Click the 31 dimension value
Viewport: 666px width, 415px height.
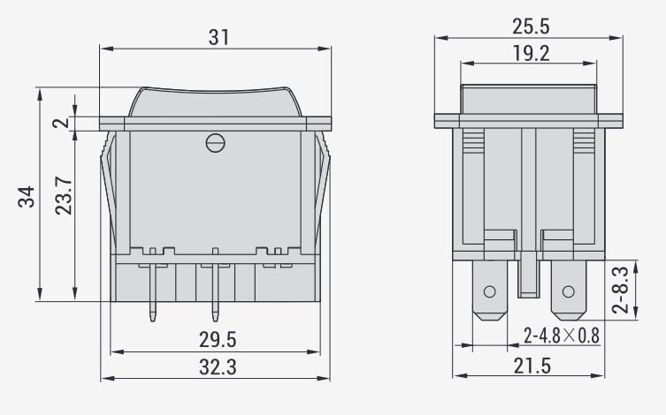click(x=218, y=37)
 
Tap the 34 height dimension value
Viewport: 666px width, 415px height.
click(x=27, y=196)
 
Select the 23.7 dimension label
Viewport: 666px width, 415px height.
click(x=64, y=195)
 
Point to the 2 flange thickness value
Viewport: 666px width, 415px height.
click(x=61, y=123)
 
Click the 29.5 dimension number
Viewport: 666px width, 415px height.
click(x=218, y=340)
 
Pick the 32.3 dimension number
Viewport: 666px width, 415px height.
click(x=218, y=366)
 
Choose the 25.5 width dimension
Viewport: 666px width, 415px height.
click(x=531, y=26)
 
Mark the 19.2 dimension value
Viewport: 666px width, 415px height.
click(x=531, y=53)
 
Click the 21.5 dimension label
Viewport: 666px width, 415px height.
click(x=532, y=366)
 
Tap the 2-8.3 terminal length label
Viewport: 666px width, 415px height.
click(x=620, y=290)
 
